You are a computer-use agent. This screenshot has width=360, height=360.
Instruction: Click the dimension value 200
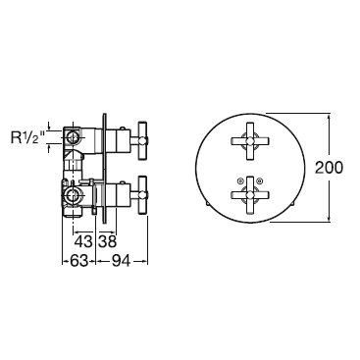tap(329, 168)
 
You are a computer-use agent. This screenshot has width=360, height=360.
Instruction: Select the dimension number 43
tap(83, 242)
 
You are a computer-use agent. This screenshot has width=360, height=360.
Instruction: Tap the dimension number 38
tap(107, 242)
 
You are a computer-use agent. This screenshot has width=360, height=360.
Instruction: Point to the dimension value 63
tap(78, 261)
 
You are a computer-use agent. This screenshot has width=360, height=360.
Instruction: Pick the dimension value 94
tap(121, 261)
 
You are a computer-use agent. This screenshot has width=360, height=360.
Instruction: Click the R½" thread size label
tap(27, 137)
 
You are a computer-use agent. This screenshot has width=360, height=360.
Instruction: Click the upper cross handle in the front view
tap(250, 141)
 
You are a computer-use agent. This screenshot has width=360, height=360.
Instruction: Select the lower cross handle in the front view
tap(250, 195)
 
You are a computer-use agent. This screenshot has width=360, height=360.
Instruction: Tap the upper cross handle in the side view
tap(143, 141)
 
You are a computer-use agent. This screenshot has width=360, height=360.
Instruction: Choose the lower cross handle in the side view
tap(143, 195)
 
